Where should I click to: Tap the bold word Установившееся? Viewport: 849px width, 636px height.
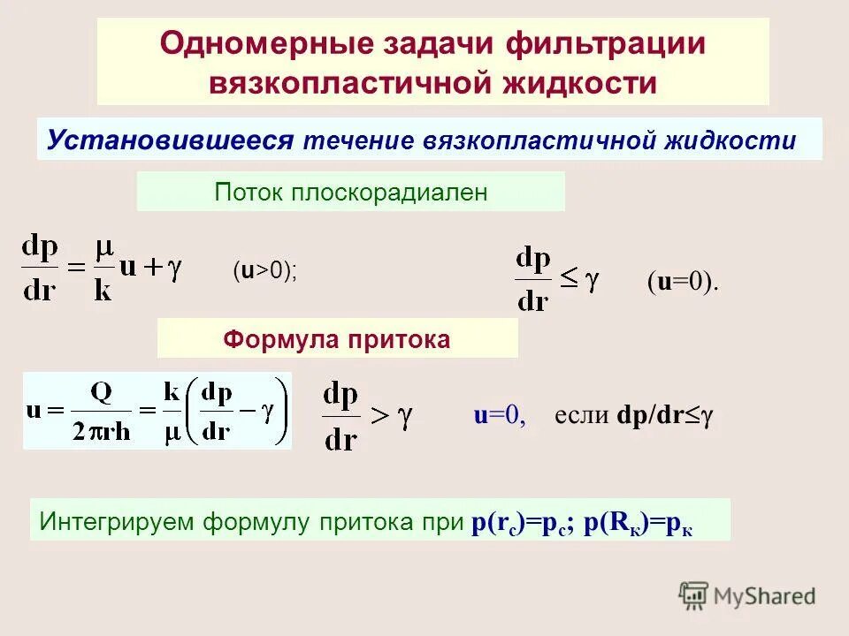(170, 140)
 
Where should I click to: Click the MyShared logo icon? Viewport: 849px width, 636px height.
(694, 596)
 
